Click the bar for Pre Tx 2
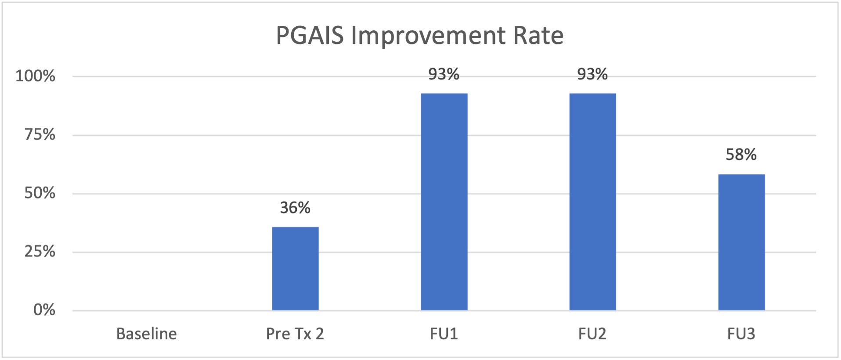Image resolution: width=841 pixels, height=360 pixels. (x=295, y=269)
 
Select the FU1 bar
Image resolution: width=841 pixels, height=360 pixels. (x=444, y=202)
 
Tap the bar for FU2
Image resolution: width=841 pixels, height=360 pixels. (x=592, y=202)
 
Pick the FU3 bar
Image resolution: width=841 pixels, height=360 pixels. (x=741, y=242)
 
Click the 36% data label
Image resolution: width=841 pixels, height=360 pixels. (x=295, y=208)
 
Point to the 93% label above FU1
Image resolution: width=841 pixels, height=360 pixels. (x=444, y=74)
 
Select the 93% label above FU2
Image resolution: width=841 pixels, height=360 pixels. (x=592, y=74)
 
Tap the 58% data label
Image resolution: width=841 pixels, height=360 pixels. (x=741, y=155)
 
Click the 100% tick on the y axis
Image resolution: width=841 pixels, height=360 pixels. (x=35, y=76)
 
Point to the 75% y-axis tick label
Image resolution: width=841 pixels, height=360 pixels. (x=40, y=134)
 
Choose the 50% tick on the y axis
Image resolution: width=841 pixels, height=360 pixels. (x=40, y=193)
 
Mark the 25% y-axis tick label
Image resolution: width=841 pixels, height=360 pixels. (x=40, y=252)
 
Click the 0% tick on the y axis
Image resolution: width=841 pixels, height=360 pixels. (x=44, y=310)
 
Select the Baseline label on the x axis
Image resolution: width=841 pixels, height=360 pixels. (x=147, y=334)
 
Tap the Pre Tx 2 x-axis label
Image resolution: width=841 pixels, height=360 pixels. (x=295, y=334)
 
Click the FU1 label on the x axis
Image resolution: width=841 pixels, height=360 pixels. (x=444, y=334)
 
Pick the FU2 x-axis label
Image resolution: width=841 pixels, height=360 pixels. (x=592, y=334)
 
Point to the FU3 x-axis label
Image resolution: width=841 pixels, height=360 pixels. (x=741, y=334)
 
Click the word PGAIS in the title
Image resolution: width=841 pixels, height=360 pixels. (x=310, y=35)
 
